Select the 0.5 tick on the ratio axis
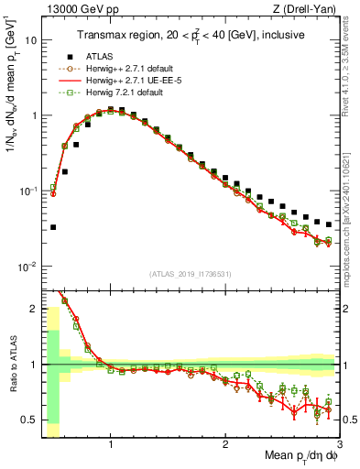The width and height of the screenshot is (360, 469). click(x=29, y=420)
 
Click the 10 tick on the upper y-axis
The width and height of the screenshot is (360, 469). click(x=31, y=41)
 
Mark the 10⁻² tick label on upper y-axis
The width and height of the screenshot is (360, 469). click(x=27, y=267)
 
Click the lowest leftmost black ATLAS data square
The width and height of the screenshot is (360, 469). click(x=53, y=227)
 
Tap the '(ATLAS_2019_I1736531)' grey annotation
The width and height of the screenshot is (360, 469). click(x=190, y=274)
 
